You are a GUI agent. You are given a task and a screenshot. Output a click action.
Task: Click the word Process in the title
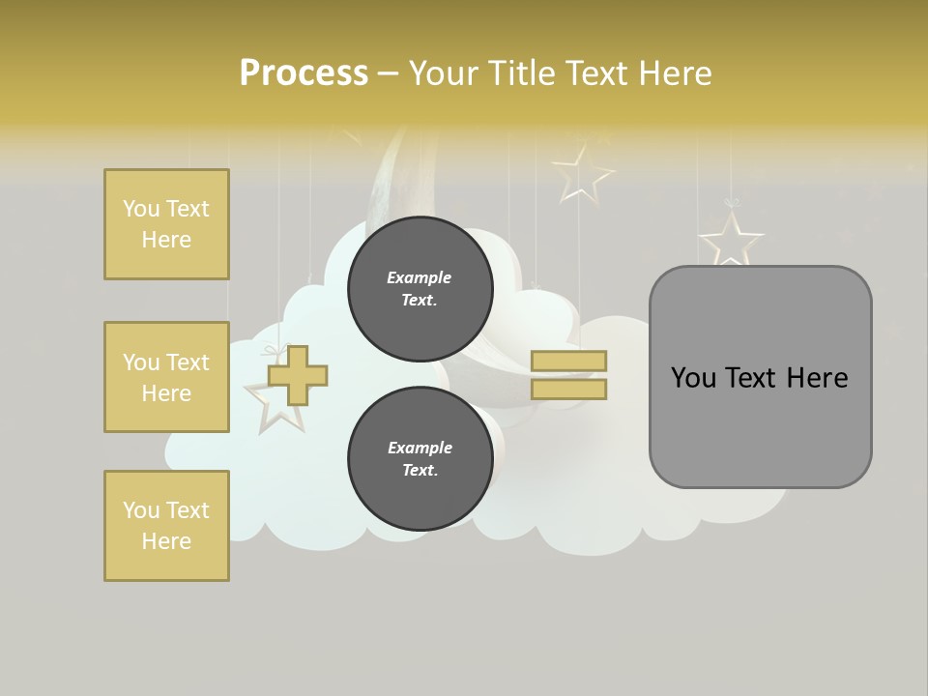click(304, 73)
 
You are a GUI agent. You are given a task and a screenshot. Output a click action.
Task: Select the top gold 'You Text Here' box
click(166, 224)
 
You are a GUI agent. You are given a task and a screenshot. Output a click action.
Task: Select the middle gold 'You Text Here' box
click(166, 377)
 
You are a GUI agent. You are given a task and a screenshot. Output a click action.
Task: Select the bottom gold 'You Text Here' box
click(166, 525)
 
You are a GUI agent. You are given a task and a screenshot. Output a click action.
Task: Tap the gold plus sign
click(298, 376)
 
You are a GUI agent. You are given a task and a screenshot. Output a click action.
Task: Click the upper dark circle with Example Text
click(420, 289)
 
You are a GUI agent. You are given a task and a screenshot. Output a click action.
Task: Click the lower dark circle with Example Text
click(420, 459)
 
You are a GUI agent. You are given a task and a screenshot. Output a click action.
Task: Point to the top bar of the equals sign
click(568, 362)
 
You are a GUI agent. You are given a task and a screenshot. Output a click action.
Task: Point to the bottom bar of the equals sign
click(568, 390)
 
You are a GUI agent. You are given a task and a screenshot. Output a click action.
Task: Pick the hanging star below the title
click(583, 174)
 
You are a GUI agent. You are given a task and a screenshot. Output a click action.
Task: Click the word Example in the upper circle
click(420, 277)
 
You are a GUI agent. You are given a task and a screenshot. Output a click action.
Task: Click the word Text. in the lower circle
click(420, 471)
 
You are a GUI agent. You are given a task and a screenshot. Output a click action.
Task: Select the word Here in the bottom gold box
click(166, 541)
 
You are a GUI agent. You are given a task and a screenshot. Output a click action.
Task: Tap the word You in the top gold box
click(141, 209)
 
